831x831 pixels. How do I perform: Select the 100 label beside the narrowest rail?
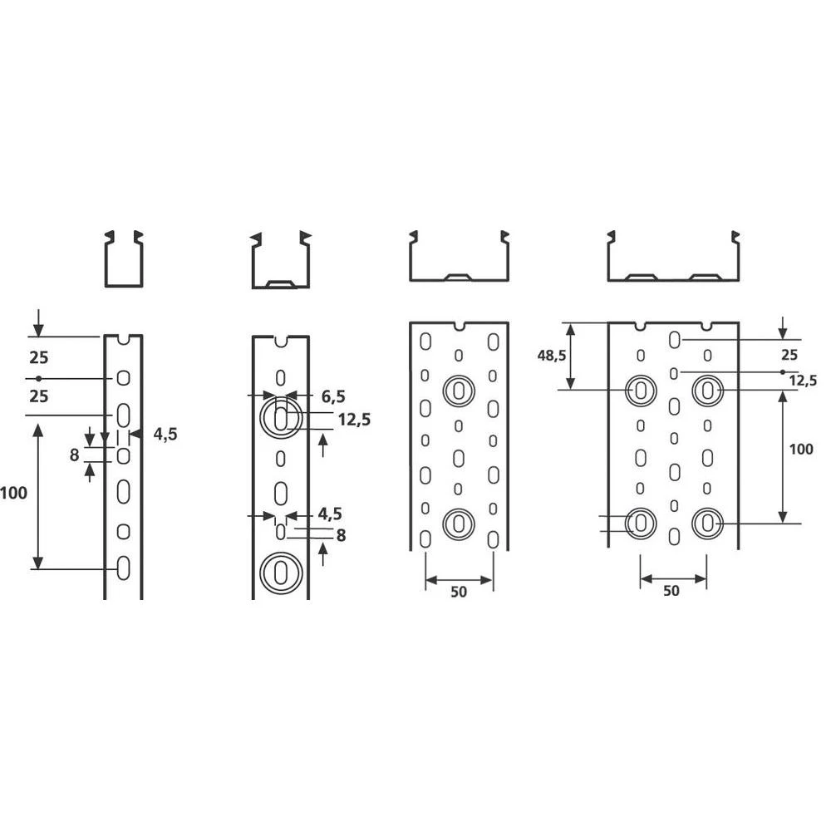point(14,493)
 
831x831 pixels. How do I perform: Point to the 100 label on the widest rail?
point(800,449)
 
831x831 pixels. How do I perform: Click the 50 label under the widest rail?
point(672,591)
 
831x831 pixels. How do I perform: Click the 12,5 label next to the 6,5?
point(353,420)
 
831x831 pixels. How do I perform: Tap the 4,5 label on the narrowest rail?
point(165,434)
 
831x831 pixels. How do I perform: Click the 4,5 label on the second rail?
point(329,514)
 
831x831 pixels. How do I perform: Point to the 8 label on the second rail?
point(341,536)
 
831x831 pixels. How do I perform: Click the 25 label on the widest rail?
point(789,355)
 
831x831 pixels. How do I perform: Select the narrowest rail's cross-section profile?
point(123,259)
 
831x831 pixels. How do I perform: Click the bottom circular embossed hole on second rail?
point(280,573)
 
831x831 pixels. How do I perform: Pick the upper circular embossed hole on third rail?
point(459,390)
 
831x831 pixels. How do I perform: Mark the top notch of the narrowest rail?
point(123,339)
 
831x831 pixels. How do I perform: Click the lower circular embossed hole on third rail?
point(459,523)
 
